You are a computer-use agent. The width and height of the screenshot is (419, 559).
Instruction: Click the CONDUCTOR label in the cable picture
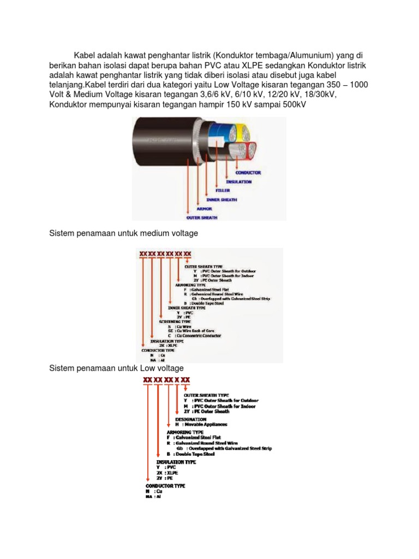coord(249,173)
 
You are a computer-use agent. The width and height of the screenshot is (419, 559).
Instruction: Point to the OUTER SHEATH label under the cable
coord(203,217)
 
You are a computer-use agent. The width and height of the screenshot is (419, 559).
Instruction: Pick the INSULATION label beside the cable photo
coord(239,181)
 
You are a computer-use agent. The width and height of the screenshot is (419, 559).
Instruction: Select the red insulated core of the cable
coord(252,150)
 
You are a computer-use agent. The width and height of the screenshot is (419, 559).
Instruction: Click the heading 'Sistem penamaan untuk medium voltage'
coord(123,234)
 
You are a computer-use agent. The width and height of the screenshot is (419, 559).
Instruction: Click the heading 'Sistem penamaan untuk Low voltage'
coord(117,369)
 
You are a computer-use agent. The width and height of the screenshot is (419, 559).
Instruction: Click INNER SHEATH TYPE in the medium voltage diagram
coord(190,308)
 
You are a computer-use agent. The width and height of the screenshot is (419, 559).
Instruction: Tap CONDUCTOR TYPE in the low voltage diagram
coord(165,485)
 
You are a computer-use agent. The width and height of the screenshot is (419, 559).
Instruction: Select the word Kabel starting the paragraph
coord(85,56)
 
